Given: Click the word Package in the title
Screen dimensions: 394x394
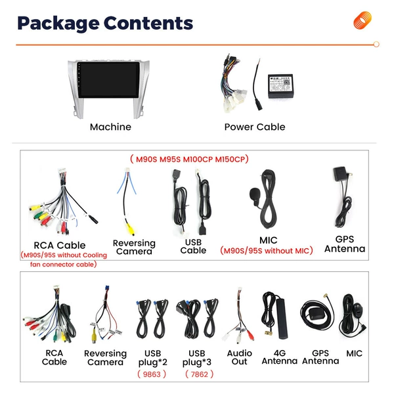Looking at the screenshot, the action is [58, 24].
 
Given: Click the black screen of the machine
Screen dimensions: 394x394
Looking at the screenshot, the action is [108, 80].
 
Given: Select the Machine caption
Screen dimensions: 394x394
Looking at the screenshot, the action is [110, 127].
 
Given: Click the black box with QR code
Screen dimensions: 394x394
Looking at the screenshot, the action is [280, 86].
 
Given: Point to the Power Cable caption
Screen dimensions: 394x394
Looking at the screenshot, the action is [255, 127].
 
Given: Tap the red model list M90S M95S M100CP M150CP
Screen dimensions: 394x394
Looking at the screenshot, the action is [189, 159].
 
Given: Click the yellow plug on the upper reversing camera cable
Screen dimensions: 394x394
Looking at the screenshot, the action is [130, 229].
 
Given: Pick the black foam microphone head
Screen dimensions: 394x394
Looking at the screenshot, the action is [254, 194].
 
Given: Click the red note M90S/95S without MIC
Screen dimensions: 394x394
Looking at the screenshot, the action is [267, 251].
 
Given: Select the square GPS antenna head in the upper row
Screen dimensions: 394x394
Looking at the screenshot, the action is [339, 173].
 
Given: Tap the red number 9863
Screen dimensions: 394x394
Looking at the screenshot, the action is [152, 374].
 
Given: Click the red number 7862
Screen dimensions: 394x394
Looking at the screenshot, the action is [199, 374].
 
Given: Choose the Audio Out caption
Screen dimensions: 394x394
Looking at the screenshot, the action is [240, 357].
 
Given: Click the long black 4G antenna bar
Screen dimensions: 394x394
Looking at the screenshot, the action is [282, 318].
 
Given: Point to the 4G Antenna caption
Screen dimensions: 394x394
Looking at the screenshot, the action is [280, 357].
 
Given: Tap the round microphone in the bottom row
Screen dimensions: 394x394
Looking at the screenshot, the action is [358, 310].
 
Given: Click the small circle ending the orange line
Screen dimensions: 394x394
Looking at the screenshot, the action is [376, 44].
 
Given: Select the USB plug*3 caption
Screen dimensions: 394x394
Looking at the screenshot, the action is [197, 358].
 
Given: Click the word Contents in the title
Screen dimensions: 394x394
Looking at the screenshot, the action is [148, 23].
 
